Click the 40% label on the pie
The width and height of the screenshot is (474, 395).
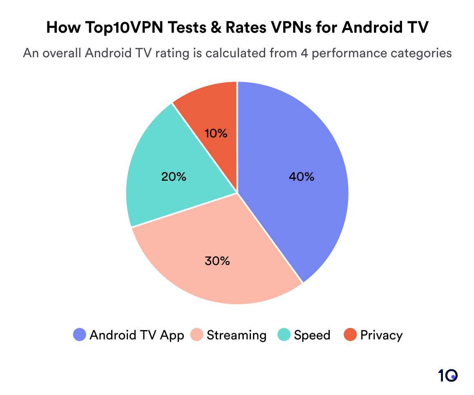coord(301,177)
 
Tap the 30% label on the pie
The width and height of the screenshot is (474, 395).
coord(217,260)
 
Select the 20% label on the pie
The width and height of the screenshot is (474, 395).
coord(174,177)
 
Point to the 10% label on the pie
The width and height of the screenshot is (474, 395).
coord(216,133)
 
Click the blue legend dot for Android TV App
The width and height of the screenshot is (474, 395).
coord(79,335)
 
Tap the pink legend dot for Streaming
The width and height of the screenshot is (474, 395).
coord(197,335)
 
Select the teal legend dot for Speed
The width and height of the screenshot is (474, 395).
coord(284,335)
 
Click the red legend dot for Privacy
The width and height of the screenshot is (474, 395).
coord(350,335)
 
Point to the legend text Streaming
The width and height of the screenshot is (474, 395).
coord(237,335)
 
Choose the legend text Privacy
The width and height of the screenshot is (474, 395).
coord(381,335)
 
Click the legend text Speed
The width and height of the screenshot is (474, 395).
coord(312,335)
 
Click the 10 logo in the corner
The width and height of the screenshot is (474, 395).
coord(447,375)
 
